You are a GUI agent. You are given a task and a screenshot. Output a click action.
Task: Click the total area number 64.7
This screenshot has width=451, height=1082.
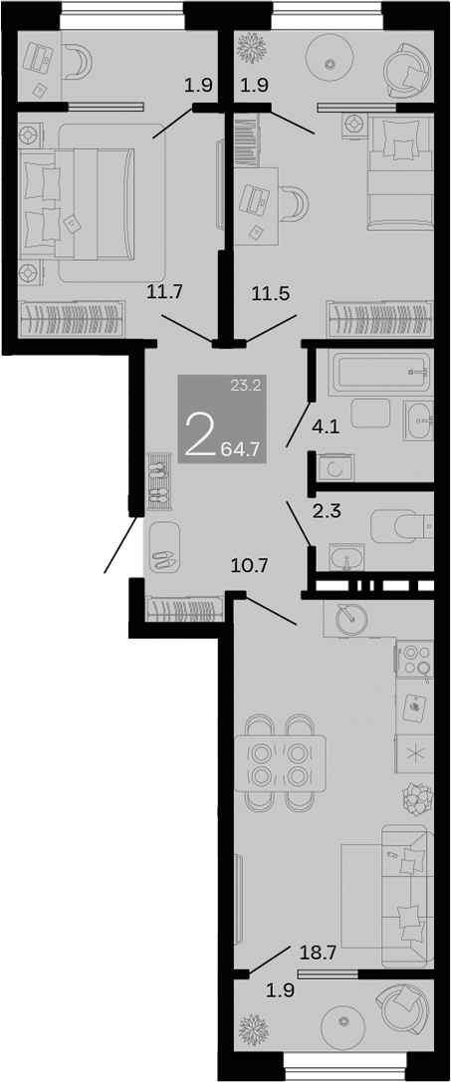pos(241,449)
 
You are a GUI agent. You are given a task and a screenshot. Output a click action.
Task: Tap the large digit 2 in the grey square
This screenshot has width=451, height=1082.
pos(200,434)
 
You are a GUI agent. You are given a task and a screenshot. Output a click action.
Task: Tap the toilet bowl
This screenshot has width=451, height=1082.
pos(398,523)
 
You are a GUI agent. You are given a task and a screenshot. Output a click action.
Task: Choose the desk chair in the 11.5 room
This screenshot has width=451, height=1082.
pos(295,203)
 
